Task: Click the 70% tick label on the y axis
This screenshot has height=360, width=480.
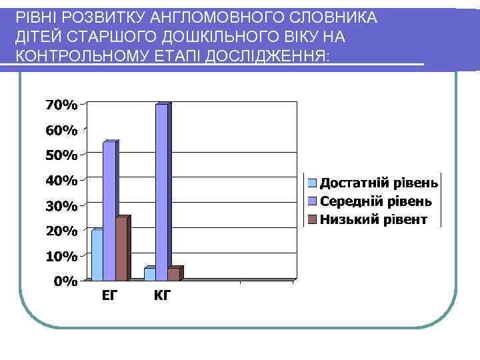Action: coord(61,105)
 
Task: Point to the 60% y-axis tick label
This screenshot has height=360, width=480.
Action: coord(61,130)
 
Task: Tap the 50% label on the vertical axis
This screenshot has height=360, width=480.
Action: coord(61,155)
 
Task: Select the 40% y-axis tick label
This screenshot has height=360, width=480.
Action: coord(61,180)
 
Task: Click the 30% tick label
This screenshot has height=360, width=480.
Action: coord(61,206)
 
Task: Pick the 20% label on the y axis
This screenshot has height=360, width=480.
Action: coord(61,231)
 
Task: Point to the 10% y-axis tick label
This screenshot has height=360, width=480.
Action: coord(61,256)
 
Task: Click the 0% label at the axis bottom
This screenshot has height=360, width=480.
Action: coord(65,281)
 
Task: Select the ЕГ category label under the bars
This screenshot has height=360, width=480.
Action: coord(110,295)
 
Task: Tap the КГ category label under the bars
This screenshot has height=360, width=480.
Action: coord(162,295)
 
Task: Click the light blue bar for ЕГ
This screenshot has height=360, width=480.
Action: coord(97,255)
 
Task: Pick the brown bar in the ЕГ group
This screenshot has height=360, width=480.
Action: coord(121,249)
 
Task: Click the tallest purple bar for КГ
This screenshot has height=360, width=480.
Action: coord(162,192)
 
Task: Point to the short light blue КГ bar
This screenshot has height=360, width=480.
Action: coord(150,273)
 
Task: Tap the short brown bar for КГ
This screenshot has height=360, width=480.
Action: coord(174,273)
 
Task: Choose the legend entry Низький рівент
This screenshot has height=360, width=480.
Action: coord(373,219)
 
